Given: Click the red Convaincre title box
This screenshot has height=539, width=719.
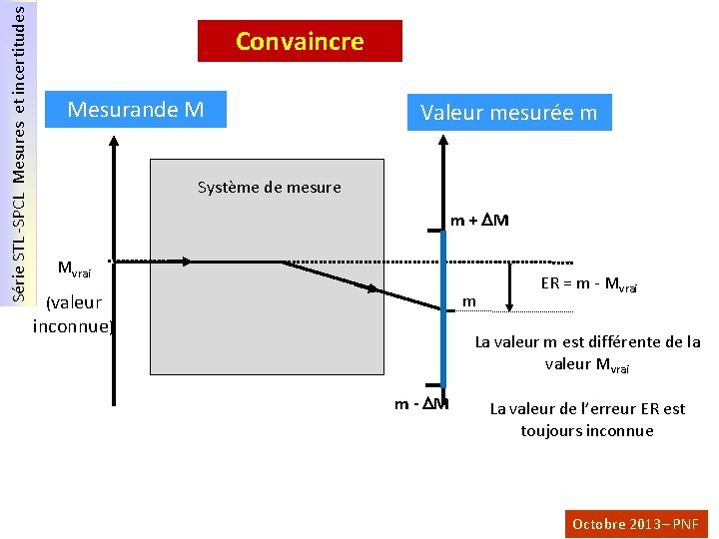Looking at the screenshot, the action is (x=300, y=42).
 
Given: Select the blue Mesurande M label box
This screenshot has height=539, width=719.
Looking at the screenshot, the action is (x=137, y=109).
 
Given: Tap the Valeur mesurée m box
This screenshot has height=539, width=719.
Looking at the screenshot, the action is (x=508, y=113).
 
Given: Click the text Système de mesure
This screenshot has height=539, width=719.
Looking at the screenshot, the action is (x=269, y=187).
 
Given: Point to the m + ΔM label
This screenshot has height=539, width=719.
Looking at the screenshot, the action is (x=479, y=220).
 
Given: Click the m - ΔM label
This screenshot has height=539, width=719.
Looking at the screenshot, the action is (x=420, y=404).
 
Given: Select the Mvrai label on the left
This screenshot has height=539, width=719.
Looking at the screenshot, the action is (x=75, y=268).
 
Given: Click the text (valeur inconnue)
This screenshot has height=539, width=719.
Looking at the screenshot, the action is (x=73, y=314).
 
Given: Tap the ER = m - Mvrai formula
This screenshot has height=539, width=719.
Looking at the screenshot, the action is (x=589, y=283).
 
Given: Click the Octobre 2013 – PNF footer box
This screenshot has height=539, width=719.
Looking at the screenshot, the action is (x=636, y=523).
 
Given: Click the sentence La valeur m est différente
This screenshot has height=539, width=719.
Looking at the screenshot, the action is (x=587, y=352).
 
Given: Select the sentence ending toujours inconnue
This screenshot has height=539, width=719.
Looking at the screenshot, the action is (x=587, y=419).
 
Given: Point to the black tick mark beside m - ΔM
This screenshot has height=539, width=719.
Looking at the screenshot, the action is (x=432, y=384).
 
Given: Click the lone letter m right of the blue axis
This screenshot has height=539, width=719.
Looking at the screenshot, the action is (x=468, y=300).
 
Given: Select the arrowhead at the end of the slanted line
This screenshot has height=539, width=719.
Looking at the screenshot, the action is (x=372, y=290).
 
